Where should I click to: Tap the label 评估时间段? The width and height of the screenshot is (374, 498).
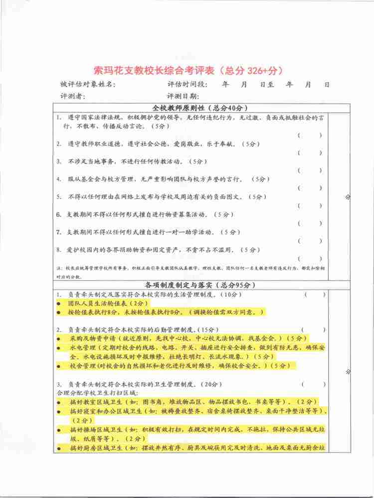[187, 84]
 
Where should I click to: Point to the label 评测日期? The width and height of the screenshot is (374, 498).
[183, 96]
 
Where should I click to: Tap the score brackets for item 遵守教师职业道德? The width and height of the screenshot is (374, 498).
[310, 153]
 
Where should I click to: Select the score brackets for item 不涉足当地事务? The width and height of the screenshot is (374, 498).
[310, 170]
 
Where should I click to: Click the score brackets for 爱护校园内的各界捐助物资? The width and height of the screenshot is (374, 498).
[310, 258]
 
